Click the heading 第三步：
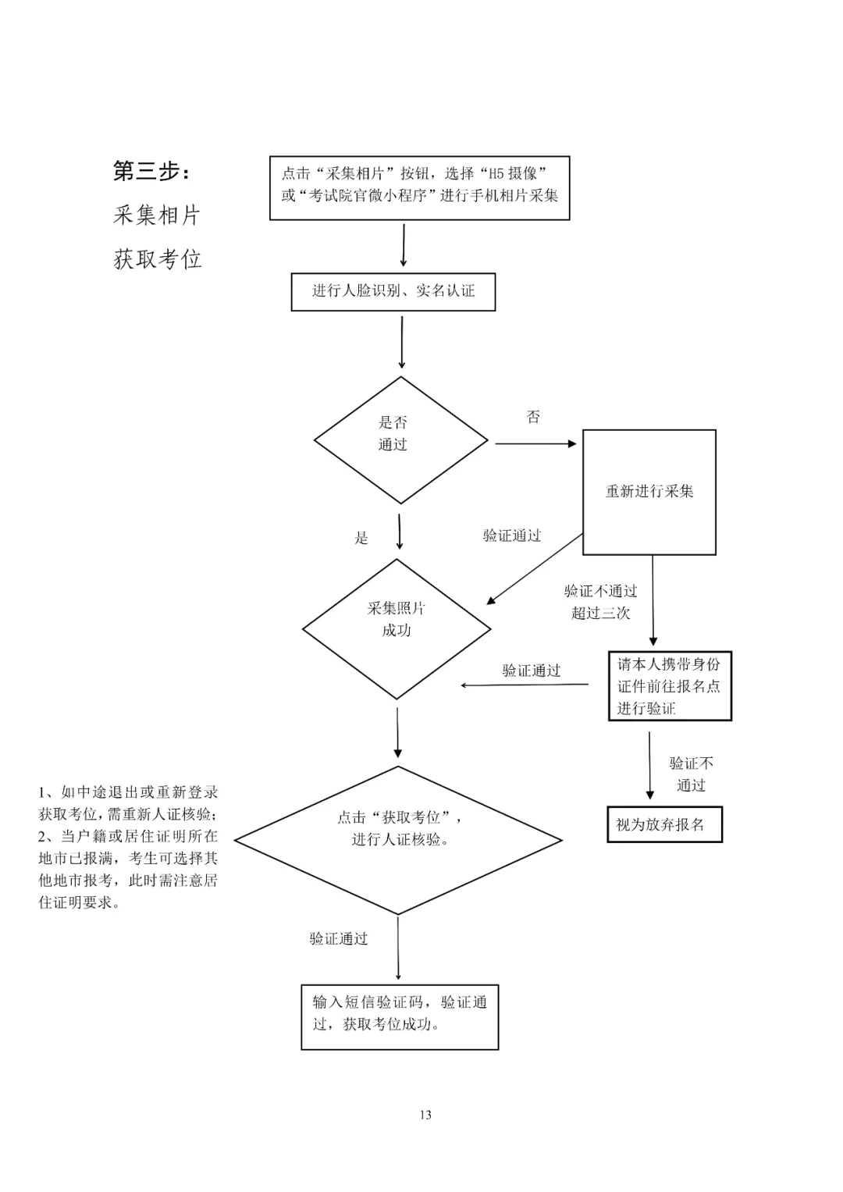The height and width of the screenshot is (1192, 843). click(151, 171)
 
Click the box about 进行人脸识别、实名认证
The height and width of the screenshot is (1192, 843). click(393, 291)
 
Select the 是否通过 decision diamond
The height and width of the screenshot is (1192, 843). click(400, 439)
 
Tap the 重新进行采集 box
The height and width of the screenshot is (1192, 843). click(649, 492)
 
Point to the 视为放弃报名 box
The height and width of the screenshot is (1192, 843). click(664, 824)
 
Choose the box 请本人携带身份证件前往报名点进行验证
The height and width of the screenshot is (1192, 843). click(669, 685)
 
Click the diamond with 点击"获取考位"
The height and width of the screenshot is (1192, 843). click(398, 839)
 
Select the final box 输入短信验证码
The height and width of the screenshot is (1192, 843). click(400, 1016)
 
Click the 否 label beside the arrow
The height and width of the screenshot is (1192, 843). click(533, 417)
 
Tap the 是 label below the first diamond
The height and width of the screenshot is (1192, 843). click(361, 537)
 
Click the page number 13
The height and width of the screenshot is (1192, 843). click(425, 1115)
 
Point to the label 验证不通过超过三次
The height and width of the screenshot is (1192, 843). click(600, 602)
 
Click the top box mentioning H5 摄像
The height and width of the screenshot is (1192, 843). click(419, 187)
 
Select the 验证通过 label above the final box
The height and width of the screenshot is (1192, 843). click(338, 938)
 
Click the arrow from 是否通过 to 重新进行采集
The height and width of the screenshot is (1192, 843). click(535, 443)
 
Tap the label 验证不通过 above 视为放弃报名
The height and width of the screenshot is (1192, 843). click(691, 774)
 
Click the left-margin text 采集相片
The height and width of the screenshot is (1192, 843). click(157, 215)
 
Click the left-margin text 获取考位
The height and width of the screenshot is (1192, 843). click(157, 259)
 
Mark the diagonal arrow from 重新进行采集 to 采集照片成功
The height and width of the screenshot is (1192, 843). click(535, 568)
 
